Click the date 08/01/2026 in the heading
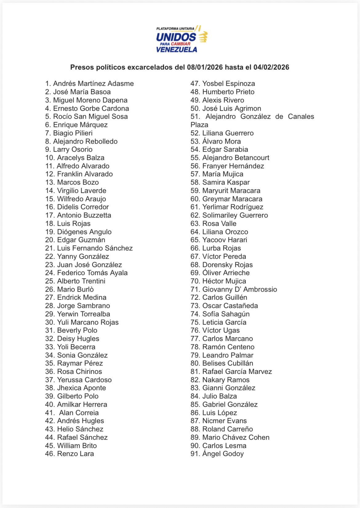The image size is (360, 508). pos(205,67)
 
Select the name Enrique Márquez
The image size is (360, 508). pos(80,125)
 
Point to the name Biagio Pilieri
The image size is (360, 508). pos(73,133)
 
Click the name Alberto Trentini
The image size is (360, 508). pos(81,281)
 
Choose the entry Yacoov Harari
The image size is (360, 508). pos(225,240)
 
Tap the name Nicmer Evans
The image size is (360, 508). pos(224,421)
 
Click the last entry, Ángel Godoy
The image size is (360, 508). pos(223,454)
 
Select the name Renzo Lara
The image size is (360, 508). pos(75,454)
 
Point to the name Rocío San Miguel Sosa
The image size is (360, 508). pos(90,117)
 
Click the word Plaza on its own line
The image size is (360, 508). pos(199,125)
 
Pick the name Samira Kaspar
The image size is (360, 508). pos(226,182)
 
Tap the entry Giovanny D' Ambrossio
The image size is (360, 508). pos(239,290)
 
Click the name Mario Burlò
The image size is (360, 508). pos(75,290)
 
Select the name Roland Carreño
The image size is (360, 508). pos(227,429)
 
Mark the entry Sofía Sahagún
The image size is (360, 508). pos(226,314)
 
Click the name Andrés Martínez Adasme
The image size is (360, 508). pos(93,84)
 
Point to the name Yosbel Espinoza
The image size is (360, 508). pos(228,84)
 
